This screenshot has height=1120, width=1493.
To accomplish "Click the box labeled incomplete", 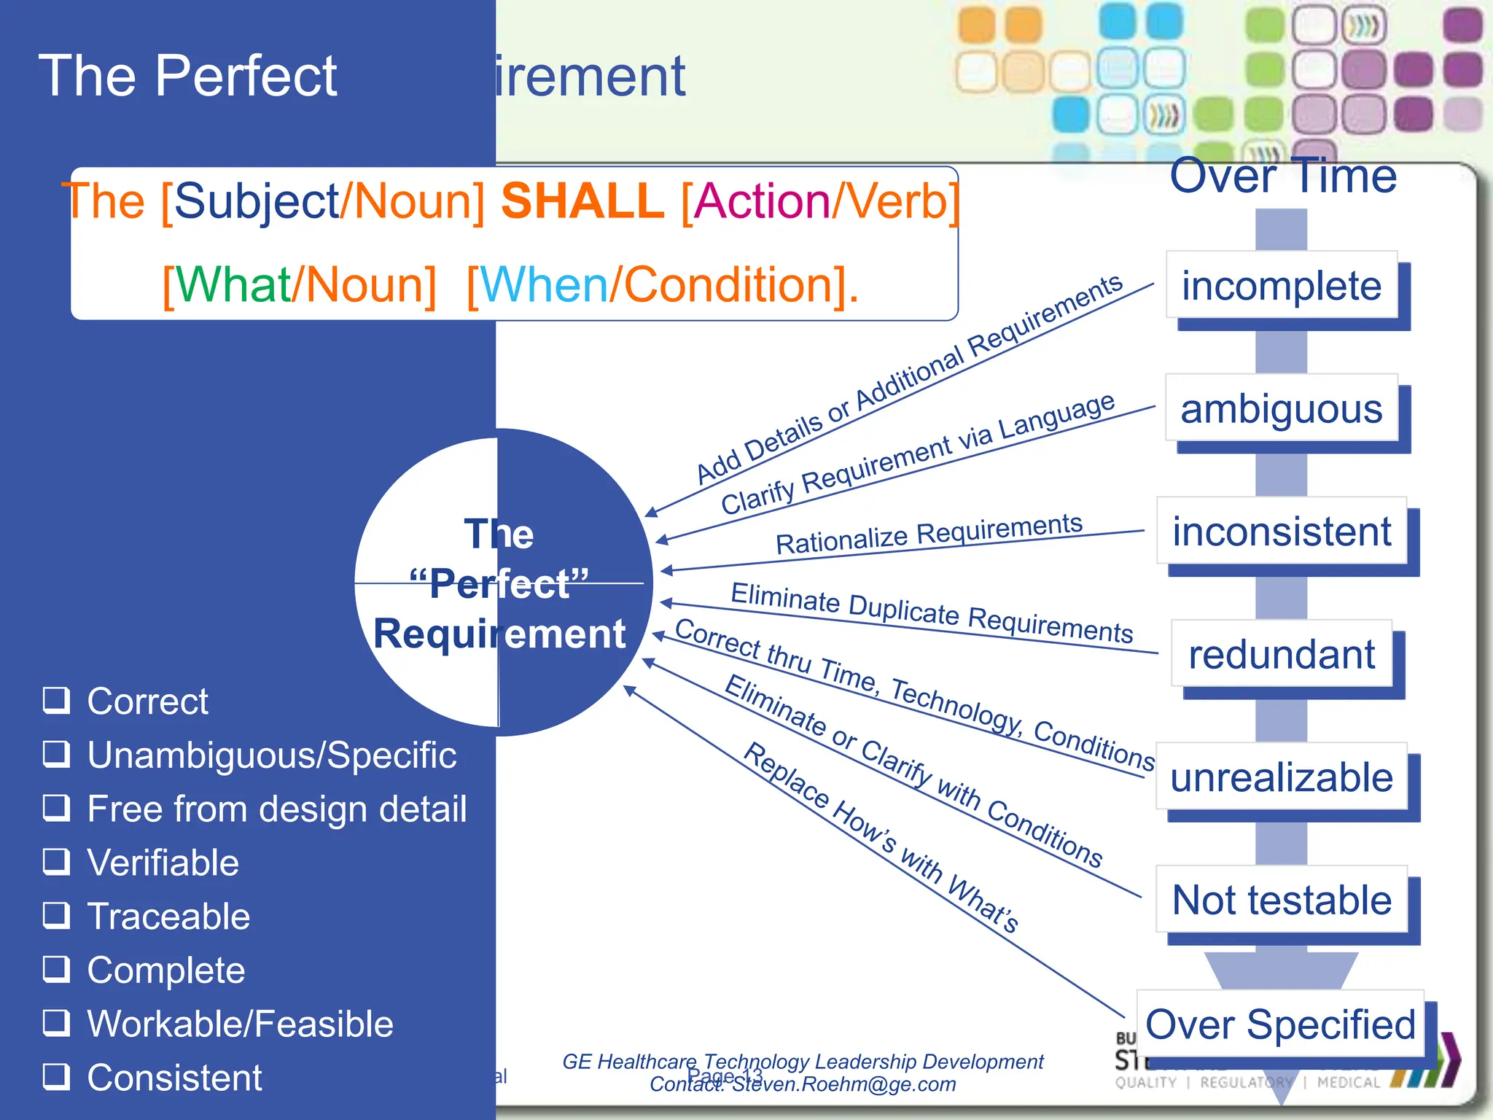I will click(x=1281, y=285).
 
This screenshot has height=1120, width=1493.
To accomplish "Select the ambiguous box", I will click(x=1281, y=408).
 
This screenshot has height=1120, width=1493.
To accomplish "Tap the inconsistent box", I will click(x=1281, y=531).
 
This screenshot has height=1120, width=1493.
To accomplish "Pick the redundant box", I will click(x=1281, y=654).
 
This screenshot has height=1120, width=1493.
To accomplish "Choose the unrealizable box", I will click(x=1281, y=777).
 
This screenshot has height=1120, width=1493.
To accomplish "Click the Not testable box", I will click(x=1281, y=900).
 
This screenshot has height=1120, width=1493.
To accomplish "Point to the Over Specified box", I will click(x=1279, y=1024).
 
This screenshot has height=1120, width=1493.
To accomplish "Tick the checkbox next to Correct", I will click(x=56, y=700).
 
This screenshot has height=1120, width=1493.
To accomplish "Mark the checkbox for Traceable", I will click(x=56, y=915).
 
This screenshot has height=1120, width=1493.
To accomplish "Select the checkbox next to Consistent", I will click(x=56, y=1076).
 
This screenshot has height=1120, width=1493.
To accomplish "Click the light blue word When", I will click(x=544, y=284).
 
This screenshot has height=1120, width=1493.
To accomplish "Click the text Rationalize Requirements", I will click(x=929, y=534).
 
